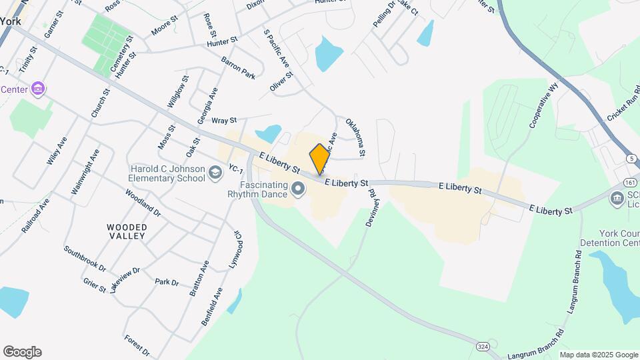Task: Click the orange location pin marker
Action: (319, 159)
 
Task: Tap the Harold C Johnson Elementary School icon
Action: (215, 174)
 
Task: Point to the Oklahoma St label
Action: (355, 138)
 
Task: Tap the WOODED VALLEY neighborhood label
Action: (127, 232)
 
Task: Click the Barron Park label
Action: (238, 68)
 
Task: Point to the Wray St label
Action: (224, 121)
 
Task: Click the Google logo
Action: (22, 352)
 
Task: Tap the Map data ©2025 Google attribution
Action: (598, 355)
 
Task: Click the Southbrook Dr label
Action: (85, 259)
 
